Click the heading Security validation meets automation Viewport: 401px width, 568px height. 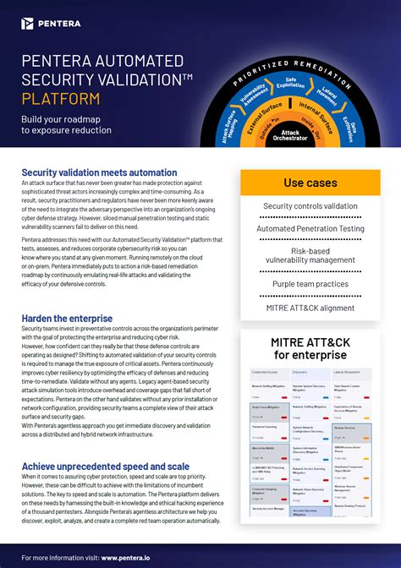99,173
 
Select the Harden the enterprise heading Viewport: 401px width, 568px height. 67,317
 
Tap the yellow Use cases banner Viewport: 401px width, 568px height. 310,183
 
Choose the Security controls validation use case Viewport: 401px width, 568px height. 310,206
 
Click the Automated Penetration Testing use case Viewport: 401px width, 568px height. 310,228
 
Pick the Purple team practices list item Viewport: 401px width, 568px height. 310,284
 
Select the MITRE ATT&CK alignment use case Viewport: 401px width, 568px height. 310,308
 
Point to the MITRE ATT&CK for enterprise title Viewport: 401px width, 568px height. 310,347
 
